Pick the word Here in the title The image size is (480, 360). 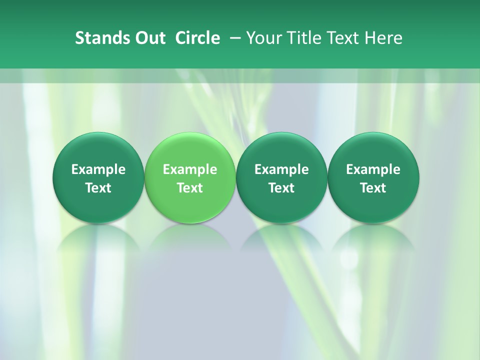pos(383,38)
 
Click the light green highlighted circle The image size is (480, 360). pos(190,177)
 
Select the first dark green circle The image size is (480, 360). pos(98,177)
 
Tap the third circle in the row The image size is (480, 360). pos(281,177)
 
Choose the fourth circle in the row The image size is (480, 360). pos(373,177)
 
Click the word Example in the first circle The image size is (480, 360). pos(98,169)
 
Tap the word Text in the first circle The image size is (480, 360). pos(98,188)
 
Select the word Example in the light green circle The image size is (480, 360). pos(190,169)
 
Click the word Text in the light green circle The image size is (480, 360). pos(190,188)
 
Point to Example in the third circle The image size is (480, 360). pos(281,169)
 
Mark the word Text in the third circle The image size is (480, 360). pos(281,188)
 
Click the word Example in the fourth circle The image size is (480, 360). pos(373,169)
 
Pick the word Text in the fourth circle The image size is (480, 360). pos(373,188)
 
